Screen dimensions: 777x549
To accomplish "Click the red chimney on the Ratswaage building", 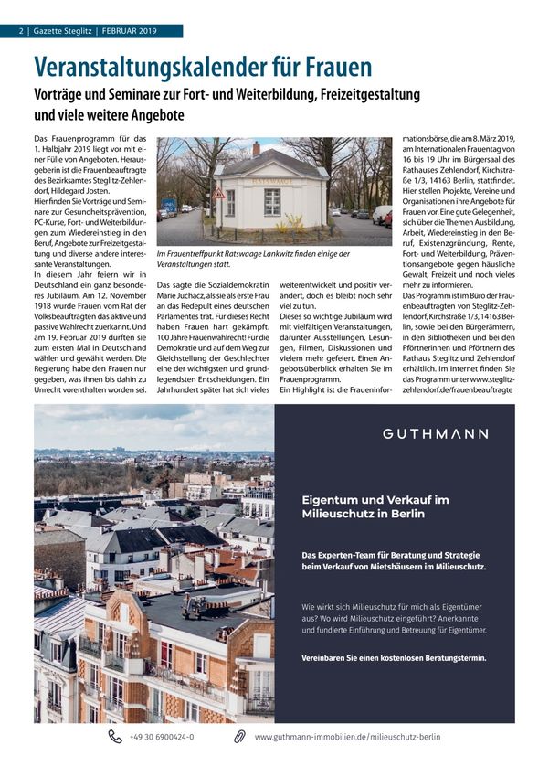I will point(256,147).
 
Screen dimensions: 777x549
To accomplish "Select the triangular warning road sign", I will point(218,194).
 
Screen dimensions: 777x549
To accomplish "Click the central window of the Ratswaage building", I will point(272,201).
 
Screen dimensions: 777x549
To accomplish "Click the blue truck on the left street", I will point(169,207).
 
